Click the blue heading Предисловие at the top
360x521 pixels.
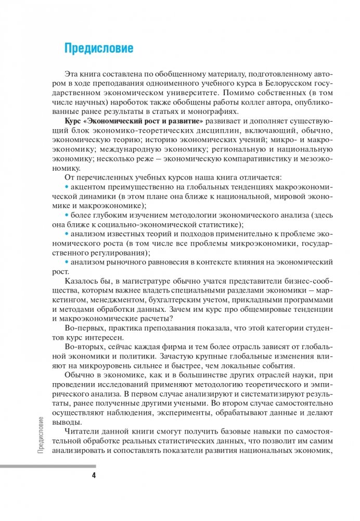click(98, 48)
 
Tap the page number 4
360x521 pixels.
click(94, 475)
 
